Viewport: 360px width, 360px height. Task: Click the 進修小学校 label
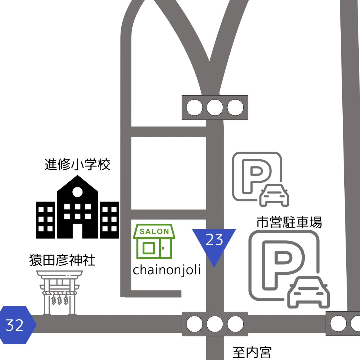point(77,165)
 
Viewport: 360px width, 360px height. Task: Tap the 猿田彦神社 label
point(62,260)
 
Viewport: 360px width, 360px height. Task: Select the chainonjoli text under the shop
point(167,270)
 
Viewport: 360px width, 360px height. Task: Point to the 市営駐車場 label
point(289,223)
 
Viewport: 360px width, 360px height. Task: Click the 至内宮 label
point(252,352)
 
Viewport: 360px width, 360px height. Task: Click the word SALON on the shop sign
point(154,232)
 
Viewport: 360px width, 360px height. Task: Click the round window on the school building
point(77,192)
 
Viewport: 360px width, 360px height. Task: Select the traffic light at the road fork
point(215,107)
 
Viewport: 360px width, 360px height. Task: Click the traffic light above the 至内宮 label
point(215,324)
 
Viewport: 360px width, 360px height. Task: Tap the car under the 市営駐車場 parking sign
point(309,293)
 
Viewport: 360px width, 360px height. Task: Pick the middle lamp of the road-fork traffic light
point(215,107)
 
